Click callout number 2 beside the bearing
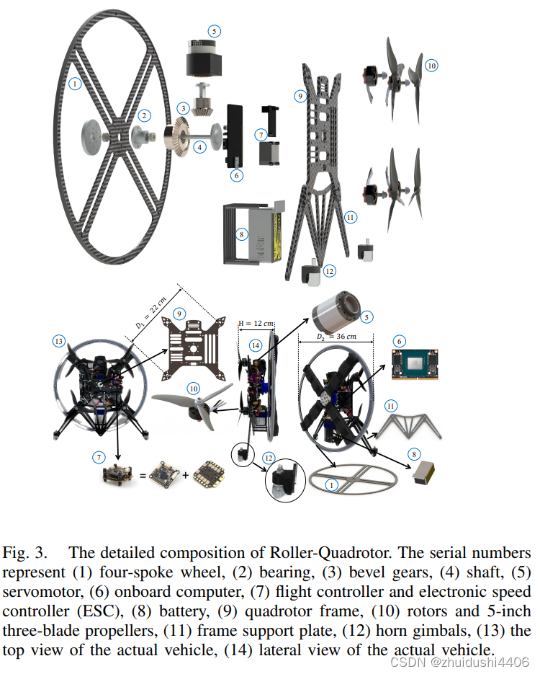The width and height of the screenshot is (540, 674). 145,115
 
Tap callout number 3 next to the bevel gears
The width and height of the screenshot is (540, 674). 184,108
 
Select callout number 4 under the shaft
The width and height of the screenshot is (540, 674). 199,146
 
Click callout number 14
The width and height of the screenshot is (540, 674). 254,345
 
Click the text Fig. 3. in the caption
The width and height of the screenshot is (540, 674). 25,553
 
